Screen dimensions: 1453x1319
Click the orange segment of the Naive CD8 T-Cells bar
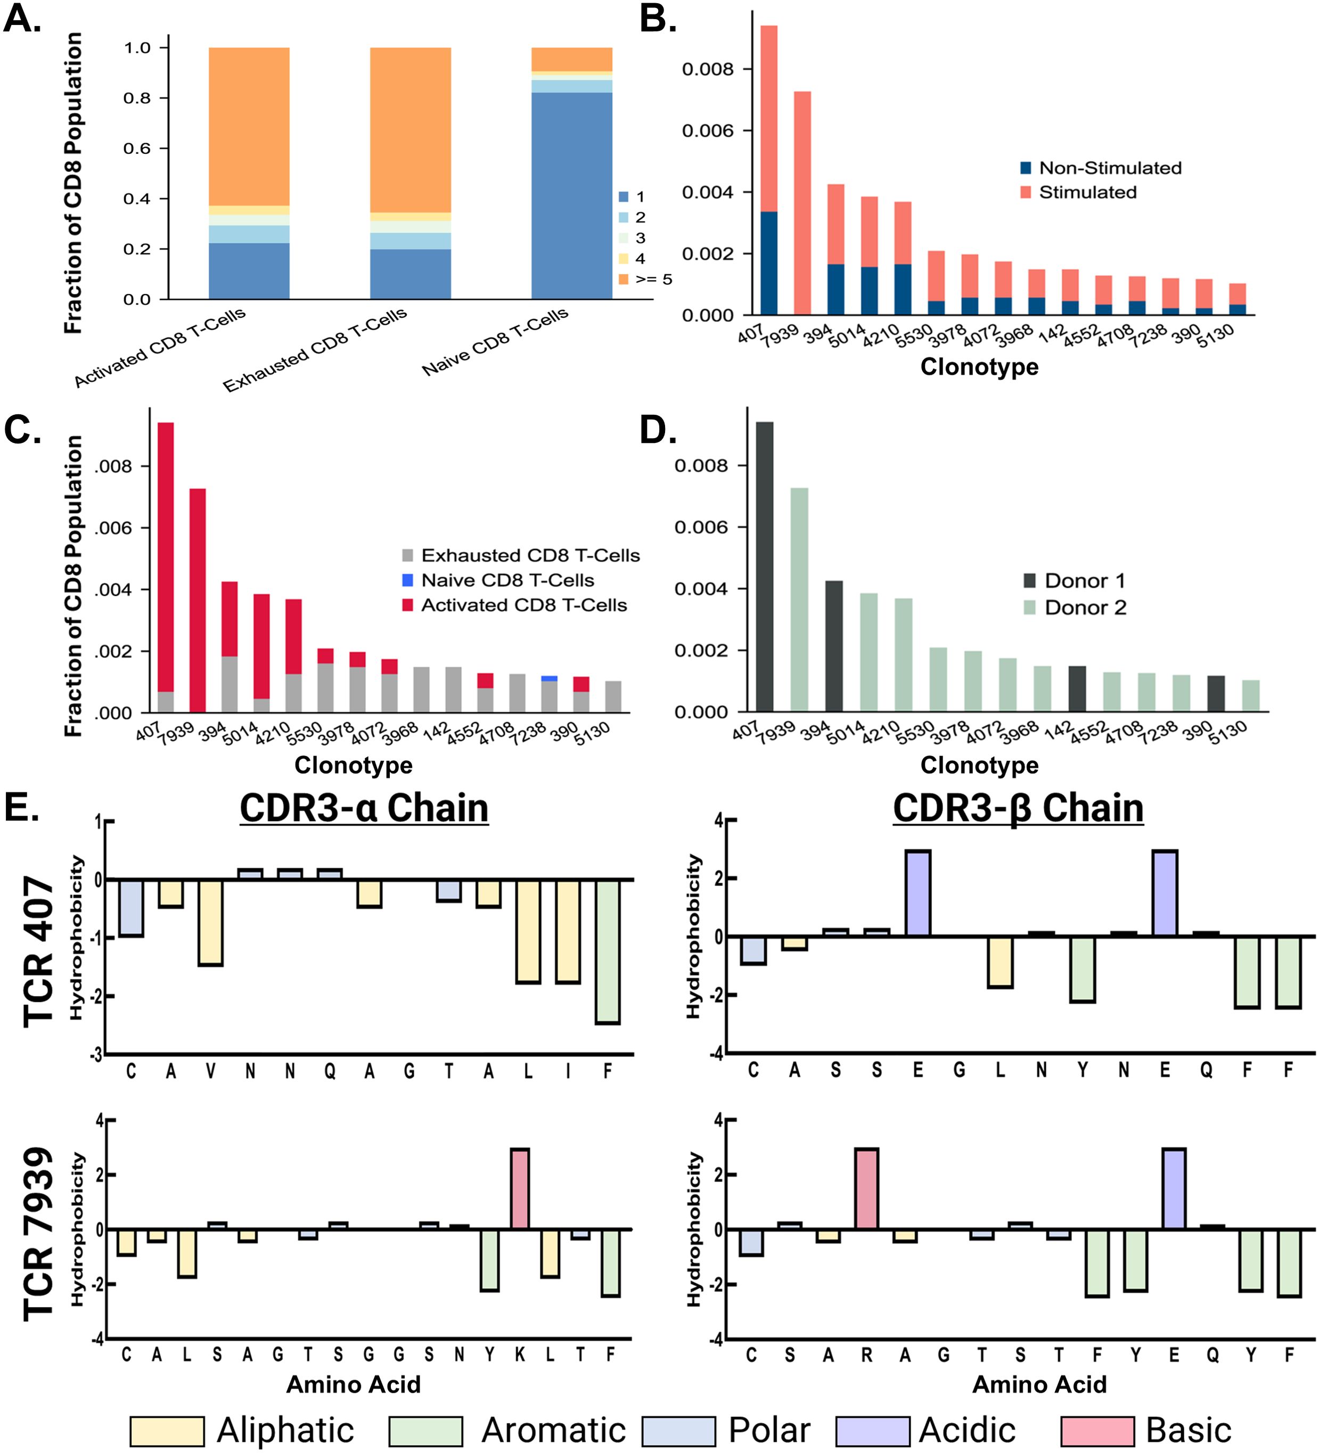(x=571, y=59)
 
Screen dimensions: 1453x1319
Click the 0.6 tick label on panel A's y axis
(x=137, y=148)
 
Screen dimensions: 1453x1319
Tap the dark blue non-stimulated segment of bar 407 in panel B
(x=768, y=263)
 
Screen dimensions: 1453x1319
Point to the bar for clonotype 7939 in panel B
(x=802, y=203)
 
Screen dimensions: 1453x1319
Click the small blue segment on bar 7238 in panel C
(x=549, y=678)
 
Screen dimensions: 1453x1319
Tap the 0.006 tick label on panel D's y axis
(x=701, y=527)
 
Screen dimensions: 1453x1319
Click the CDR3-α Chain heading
(x=364, y=808)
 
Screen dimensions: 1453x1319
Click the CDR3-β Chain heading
(x=1018, y=808)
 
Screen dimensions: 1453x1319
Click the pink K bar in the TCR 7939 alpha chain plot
(x=520, y=1188)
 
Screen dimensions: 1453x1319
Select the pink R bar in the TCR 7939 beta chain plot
(x=866, y=1188)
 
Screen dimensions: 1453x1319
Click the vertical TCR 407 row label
(x=39, y=951)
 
